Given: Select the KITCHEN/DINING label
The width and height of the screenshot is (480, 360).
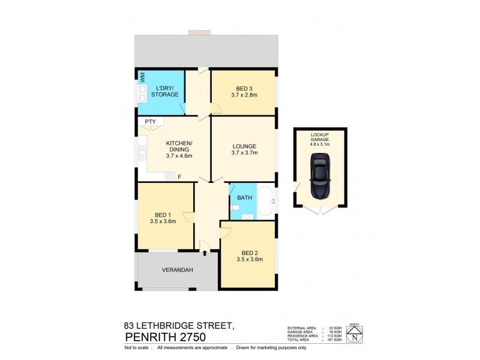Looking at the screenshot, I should [x=179, y=146].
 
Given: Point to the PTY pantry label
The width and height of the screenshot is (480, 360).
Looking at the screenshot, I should [x=150, y=122].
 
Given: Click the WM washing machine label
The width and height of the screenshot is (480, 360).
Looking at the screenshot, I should [x=143, y=77].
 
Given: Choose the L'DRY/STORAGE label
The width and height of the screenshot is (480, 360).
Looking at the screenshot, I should [x=164, y=91].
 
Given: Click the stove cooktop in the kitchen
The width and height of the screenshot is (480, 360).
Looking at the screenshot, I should [x=169, y=176].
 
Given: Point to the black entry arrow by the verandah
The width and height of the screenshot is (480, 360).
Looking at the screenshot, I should [x=205, y=253].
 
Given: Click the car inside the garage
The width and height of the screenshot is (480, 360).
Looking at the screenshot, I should [x=319, y=175].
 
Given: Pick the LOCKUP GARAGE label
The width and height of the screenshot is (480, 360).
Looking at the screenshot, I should [x=319, y=139].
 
